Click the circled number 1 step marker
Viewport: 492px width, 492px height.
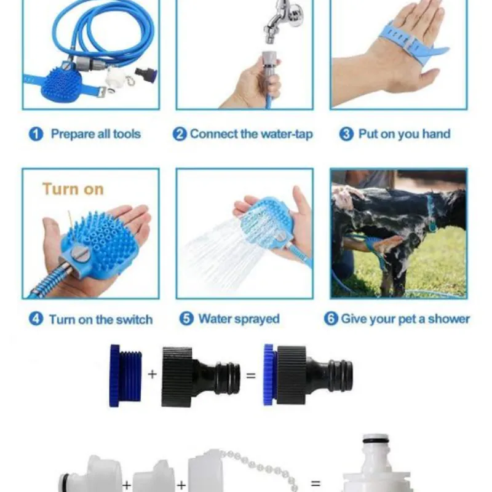tap(36, 134)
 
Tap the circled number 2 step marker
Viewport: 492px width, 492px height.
tap(180, 134)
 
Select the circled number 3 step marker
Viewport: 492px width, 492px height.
tap(346, 134)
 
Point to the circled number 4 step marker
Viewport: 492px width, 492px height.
tap(36, 319)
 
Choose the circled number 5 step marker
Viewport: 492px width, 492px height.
tap(186, 319)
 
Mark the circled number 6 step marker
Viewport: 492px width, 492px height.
tap(331, 319)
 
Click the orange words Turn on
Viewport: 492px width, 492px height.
tap(73, 189)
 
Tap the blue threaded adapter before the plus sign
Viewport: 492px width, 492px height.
tap(125, 376)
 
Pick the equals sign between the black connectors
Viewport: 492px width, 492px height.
tap(251, 375)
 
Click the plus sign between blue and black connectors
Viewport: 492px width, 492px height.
tap(152, 374)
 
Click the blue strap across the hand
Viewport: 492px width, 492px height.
tap(411, 44)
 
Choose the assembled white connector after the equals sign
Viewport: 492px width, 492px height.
tap(377, 464)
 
